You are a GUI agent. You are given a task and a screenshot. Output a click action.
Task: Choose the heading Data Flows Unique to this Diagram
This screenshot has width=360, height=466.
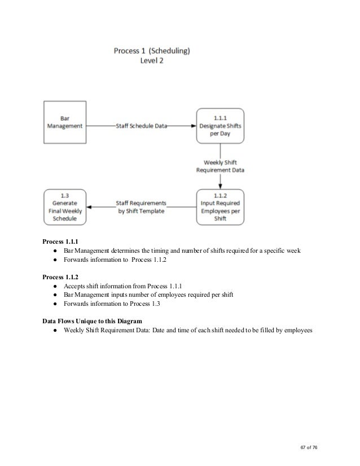coord(92,320)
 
